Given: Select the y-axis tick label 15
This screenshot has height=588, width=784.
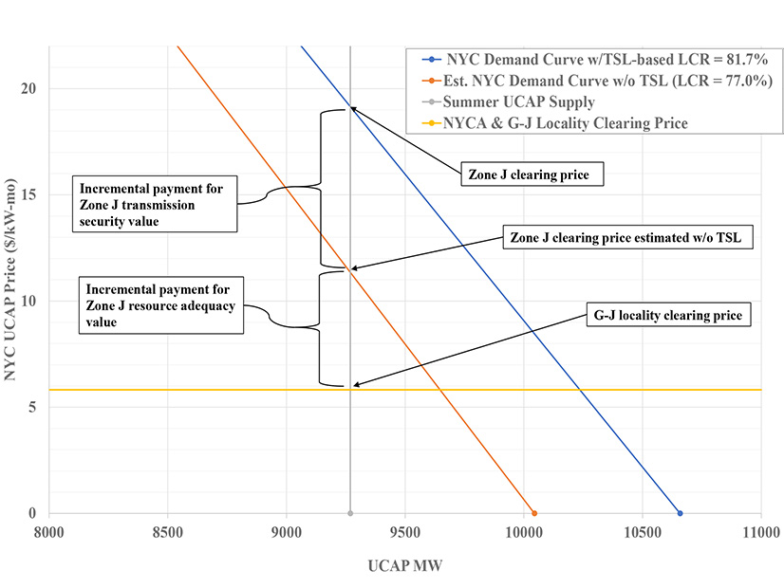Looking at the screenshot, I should (x=29, y=194).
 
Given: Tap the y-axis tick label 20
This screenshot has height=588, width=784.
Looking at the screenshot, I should (x=29, y=88).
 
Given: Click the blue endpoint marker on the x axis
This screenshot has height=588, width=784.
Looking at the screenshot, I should (x=680, y=513).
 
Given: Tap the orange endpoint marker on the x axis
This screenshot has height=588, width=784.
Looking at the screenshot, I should (x=534, y=513).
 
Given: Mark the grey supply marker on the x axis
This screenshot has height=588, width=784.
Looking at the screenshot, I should (x=350, y=513).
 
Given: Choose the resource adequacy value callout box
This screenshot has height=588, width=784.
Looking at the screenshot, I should (x=160, y=304).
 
